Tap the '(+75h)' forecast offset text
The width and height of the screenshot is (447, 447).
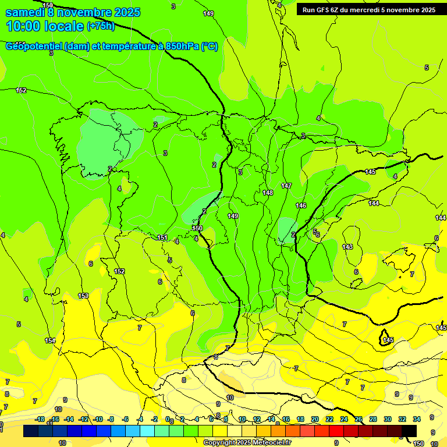101,26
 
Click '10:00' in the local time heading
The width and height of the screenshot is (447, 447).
23,26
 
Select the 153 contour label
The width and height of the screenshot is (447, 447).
83,296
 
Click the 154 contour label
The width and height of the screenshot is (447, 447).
51,340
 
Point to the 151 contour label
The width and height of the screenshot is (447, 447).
162,237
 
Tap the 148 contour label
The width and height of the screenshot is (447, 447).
268,193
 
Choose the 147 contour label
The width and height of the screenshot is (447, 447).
286,186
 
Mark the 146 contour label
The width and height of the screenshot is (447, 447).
301,205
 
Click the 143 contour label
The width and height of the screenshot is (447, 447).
347,247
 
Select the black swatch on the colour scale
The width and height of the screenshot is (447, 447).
409,430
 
